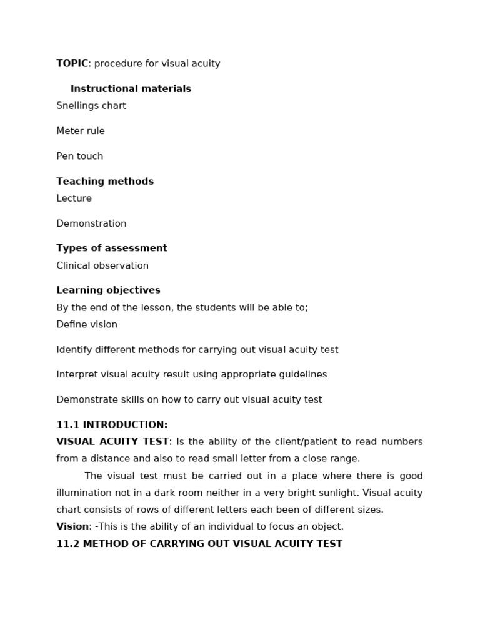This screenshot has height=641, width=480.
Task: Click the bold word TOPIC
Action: point(72,64)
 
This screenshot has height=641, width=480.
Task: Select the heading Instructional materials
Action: point(131,89)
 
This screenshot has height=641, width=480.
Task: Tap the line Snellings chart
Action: point(91,106)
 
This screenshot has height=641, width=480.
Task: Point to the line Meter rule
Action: point(81,131)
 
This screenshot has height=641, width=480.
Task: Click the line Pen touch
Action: point(80,156)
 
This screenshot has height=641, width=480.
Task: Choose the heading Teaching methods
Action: point(105,182)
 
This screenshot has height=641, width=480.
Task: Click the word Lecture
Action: point(74,198)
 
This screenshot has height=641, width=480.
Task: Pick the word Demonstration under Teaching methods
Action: point(91,223)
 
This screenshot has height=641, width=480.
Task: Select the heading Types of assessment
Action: point(112,249)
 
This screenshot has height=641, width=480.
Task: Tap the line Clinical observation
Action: point(102,265)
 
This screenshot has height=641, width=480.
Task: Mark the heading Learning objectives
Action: point(108,290)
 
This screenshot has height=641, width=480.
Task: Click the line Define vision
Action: point(87,324)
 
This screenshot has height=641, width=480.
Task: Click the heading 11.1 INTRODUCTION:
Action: point(112,425)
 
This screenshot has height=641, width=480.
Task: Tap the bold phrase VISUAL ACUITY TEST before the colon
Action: point(112,442)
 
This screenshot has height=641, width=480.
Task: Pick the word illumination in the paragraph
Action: point(84,493)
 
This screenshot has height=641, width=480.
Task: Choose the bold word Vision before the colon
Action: point(72,527)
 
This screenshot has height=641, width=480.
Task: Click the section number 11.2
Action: point(67,544)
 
